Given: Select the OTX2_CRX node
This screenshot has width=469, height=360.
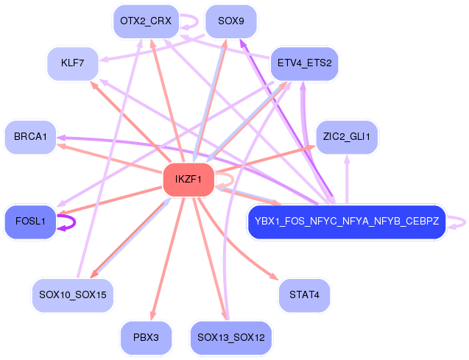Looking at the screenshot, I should coord(145,21).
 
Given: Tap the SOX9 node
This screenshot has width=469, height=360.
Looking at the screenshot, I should coord(231,21).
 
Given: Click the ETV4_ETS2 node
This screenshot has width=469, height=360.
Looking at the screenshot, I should coord(304,64).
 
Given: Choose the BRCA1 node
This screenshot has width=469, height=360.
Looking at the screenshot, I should coord(30,137).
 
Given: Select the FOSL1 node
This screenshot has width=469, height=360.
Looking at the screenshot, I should coord(30,220).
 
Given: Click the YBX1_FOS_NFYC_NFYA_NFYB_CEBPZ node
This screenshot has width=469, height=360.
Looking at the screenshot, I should coord(346,220).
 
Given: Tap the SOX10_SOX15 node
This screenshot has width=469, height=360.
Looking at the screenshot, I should coord(73,294).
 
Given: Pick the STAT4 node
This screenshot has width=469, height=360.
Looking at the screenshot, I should coord(303,294).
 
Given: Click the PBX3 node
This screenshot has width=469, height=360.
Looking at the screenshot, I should coord(146,338).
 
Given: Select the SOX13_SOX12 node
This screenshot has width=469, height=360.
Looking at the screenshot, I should coord(231,338).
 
